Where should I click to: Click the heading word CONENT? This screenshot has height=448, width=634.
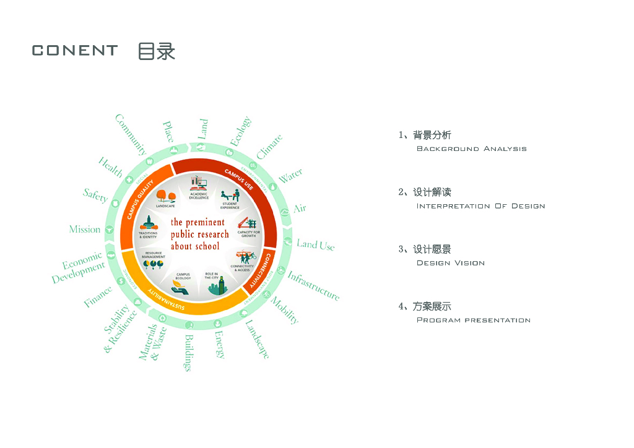click(74, 51)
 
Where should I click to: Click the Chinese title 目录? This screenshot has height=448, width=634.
click(156, 51)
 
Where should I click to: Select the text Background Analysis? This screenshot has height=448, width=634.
click(471, 149)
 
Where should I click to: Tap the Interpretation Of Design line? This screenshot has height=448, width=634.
click(480, 206)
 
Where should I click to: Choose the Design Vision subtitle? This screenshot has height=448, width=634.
click(450, 263)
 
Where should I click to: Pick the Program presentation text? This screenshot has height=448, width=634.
click(473, 321)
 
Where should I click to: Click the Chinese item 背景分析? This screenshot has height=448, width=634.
click(432, 135)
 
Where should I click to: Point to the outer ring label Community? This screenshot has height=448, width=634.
click(131, 134)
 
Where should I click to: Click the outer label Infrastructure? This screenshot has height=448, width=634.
click(313, 286)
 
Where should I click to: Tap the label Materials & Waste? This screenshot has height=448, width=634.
click(152, 343)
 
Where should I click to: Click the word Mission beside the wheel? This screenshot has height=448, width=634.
click(85, 230)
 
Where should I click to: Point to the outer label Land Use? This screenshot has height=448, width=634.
click(315, 244)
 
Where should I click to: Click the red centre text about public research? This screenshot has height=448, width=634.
click(199, 234)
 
